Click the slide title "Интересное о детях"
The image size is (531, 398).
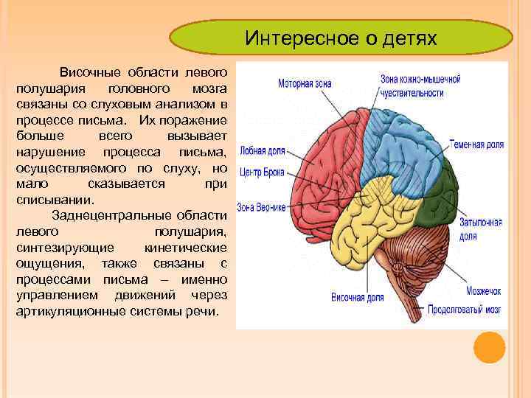(x=341, y=38)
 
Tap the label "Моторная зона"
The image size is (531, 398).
(x=305, y=83)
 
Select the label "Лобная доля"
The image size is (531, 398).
(x=260, y=152)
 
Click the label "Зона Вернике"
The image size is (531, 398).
(x=261, y=207)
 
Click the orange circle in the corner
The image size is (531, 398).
(x=489, y=347)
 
